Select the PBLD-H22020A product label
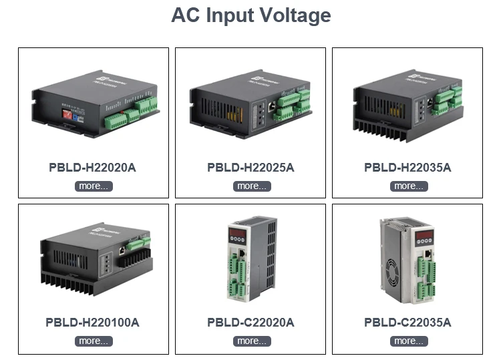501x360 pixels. (x=92, y=168)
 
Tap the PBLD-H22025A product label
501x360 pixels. (x=251, y=168)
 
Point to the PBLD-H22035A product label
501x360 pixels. (x=407, y=168)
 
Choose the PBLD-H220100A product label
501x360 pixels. (x=92, y=323)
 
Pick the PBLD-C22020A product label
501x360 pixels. (x=251, y=323)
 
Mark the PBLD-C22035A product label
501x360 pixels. (x=407, y=323)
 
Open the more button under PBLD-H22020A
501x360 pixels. (x=94, y=186)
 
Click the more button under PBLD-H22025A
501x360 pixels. (x=252, y=186)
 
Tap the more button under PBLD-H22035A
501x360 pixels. (x=409, y=186)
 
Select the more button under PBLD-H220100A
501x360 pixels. (x=94, y=341)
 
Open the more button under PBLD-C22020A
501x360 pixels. (x=252, y=341)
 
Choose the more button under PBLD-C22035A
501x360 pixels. (x=409, y=341)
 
